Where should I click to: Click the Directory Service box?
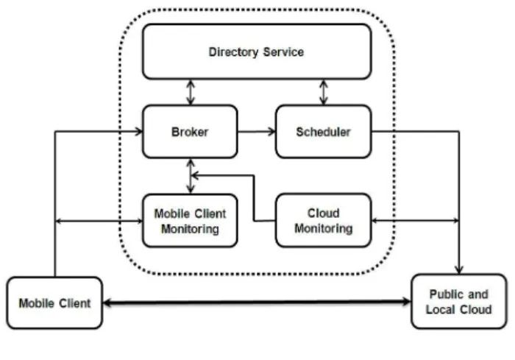[257, 52]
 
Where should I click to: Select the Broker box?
[190, 132]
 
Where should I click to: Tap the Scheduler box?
[324, 132]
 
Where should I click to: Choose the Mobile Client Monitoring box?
[190, 221]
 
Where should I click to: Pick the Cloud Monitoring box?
[324, 220]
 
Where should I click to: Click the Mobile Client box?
[54, 303]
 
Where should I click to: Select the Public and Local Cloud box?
[459, 302]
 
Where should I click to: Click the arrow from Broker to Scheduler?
[257, 132]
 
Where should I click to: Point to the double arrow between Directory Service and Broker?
[191, 92]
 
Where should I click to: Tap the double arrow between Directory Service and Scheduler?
[324, 92]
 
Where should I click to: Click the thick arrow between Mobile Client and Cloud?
[257, 302]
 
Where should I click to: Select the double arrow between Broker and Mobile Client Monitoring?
[191, 176]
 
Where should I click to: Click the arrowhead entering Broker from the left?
[139, 132]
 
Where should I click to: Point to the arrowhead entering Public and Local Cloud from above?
[459, 269]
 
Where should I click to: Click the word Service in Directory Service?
[283, 52]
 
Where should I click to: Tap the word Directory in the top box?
[233, 52]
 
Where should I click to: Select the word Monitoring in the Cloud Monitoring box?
[324, 228]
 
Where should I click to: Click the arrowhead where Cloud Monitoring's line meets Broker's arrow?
[195, 175]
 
